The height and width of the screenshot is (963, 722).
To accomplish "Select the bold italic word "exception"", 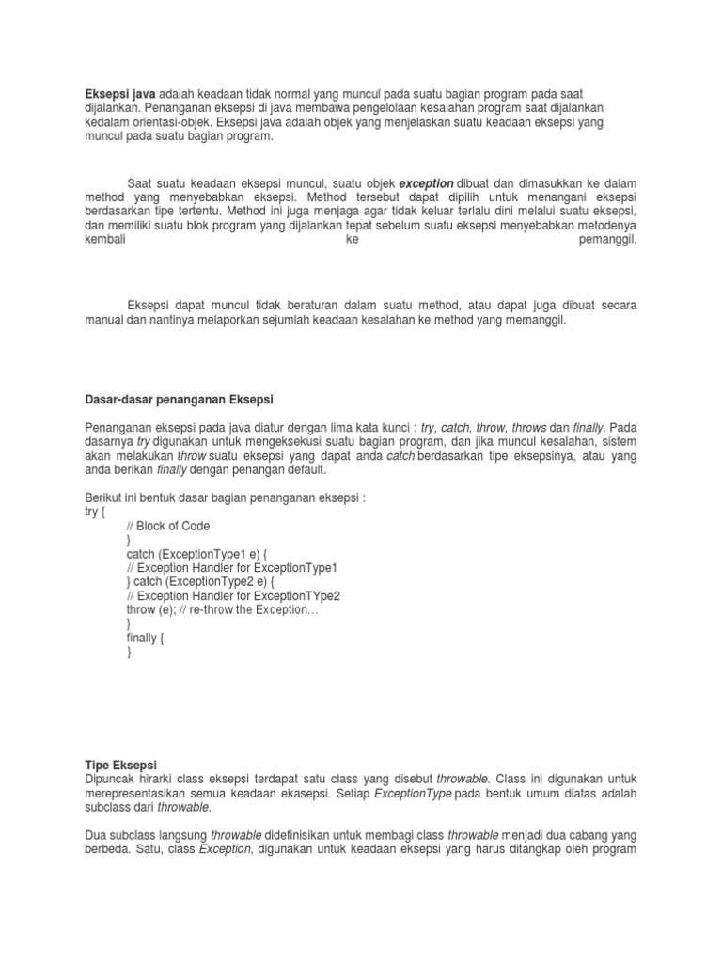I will click(x=426, y=182).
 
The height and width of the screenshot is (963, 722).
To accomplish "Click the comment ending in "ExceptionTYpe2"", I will click(x=232, y=595).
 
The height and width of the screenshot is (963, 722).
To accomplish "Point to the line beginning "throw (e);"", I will click(x=222, y=609).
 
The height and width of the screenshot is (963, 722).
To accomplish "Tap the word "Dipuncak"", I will click(x=112, y=781).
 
